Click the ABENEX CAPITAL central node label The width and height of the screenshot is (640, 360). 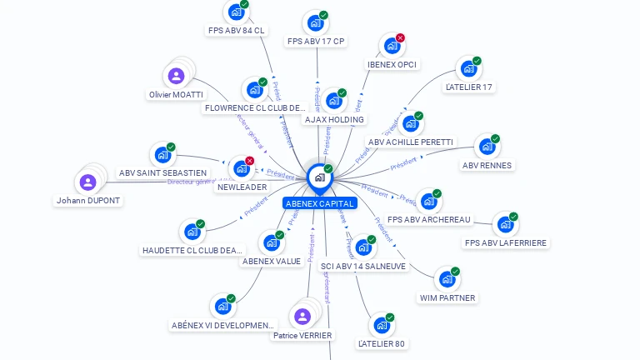coord(320,203)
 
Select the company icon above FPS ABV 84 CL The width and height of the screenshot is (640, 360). coord(236,12)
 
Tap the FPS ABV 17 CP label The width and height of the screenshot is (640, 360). coord(315,41)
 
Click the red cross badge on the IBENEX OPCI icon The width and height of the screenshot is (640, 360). coord(400,38)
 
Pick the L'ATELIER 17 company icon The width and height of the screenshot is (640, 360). coord(468,68)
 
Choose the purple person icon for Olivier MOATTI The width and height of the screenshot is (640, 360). coord(176,77)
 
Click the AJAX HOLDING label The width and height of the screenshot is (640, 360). coord(334,119)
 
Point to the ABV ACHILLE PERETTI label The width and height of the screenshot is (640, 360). coord(411,142)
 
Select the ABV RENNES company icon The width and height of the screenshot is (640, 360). coord(486,147)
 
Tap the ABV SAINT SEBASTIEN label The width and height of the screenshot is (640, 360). coord(162,172)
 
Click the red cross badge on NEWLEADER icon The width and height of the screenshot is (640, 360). coord(249,160)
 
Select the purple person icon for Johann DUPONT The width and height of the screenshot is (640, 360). coord(87,182)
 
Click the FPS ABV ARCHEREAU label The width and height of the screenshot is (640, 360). coord(429,219)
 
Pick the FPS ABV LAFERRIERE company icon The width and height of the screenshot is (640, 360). coord(504,224)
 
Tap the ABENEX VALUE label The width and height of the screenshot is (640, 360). coord(272,261)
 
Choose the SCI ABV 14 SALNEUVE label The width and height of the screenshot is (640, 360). coord(363,266)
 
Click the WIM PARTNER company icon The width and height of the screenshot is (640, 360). coord(446,279)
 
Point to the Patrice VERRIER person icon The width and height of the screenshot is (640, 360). coord(302,317)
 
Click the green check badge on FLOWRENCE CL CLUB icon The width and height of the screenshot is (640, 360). coord(262,82)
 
